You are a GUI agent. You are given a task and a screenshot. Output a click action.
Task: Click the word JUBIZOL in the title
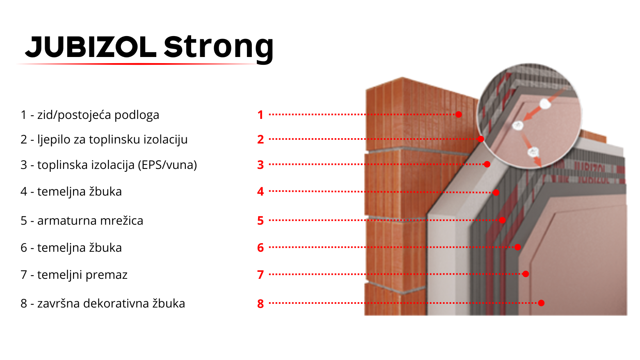click(91, 47)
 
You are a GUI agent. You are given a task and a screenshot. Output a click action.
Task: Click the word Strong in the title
click(219, 48)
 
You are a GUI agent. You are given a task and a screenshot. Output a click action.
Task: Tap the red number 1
click(260, 115)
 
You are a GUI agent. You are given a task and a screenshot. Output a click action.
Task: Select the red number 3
click(260, 165)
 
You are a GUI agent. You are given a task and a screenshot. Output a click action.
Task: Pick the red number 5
click(260, 221)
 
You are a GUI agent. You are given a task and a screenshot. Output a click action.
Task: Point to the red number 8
click(260, 304)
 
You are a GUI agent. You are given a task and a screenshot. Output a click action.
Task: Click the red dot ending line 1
click(459, 114)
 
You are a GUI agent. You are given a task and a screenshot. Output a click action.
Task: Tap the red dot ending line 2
click(481, 139)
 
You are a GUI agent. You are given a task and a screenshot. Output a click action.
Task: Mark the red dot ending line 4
click(496, 193)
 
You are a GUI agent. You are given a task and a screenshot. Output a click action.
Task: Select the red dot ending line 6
click(517, 247)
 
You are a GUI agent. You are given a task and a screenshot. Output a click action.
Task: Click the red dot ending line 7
click(526, 274)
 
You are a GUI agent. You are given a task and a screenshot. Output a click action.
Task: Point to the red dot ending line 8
click(541, 303)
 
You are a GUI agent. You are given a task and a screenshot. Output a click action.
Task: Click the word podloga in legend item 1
click(137, 115)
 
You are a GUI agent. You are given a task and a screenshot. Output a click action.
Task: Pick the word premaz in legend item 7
click(106, 275)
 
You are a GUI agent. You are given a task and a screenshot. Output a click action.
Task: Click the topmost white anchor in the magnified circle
click(545, 104)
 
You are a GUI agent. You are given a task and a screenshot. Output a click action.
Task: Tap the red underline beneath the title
click(137, 64)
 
